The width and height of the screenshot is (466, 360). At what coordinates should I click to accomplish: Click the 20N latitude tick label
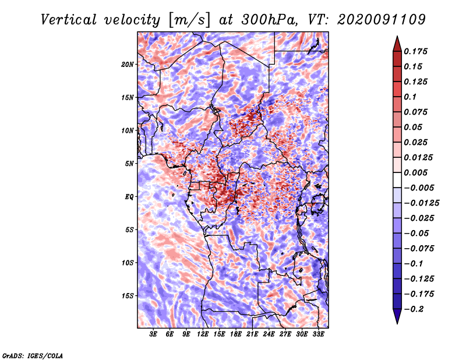[128, 64]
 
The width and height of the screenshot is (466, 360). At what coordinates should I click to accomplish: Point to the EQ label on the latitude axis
[130, 197]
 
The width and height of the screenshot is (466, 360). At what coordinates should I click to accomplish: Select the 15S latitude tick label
[128, 296]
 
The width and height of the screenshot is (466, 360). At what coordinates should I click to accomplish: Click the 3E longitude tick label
[154, 335]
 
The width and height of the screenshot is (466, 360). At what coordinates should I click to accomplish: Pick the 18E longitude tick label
[236, 335]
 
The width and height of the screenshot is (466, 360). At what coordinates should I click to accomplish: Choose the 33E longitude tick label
[319, 335]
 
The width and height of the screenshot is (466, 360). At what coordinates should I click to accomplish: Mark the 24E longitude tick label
[269, 335]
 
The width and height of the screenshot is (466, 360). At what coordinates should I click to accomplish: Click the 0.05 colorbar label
[414, 127]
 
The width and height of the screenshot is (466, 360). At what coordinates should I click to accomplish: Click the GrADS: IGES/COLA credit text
[32, 355]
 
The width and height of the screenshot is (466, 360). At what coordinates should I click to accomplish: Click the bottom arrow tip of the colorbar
[397, 322]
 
